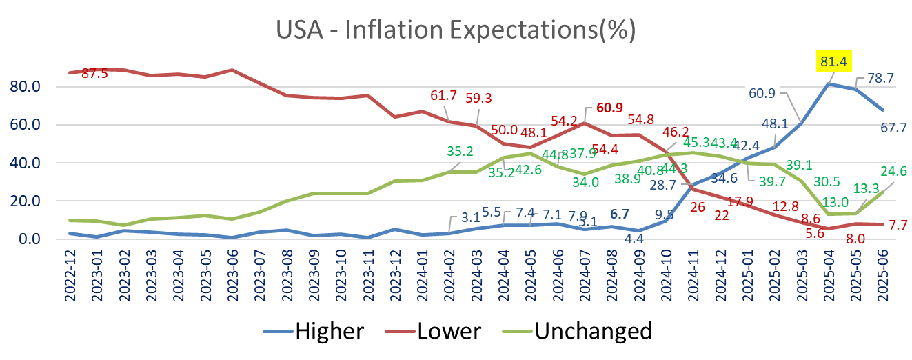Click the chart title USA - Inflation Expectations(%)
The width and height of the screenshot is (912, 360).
click(x=455, y=30)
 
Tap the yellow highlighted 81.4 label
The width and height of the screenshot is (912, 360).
click(x=834, y=61)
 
